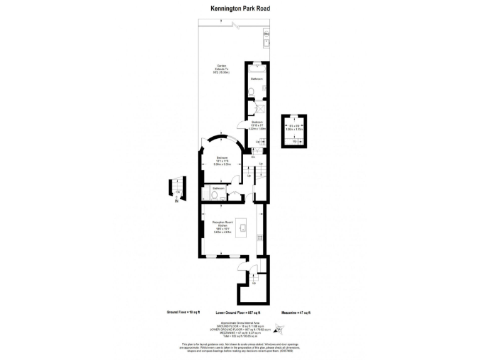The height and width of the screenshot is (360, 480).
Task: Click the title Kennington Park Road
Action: click(239, 9)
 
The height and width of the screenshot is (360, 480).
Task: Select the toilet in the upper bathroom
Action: click(250, 92)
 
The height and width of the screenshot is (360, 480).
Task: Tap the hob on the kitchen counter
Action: click(259, 237)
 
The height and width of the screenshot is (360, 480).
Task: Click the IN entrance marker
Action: click(176, 201)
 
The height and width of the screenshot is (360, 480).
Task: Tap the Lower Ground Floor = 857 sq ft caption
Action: click(237, 312)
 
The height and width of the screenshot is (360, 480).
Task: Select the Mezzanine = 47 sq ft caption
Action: click(296, 312)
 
